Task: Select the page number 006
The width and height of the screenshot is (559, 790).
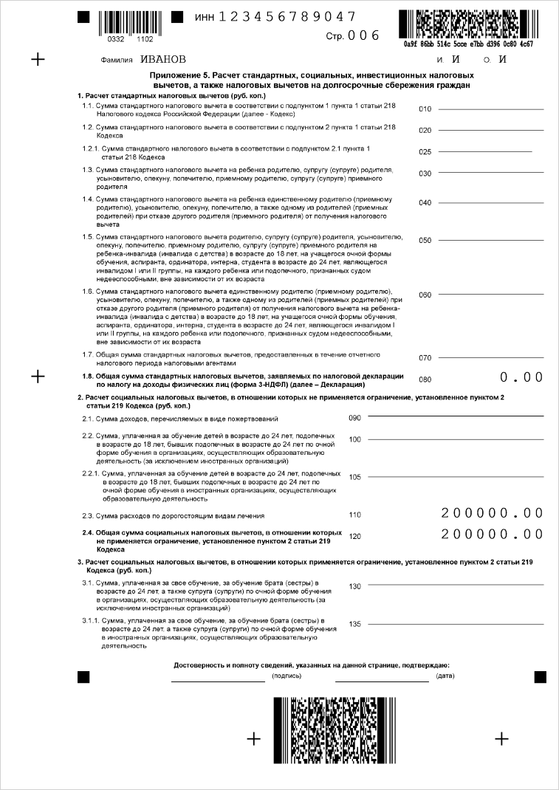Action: point(363,35)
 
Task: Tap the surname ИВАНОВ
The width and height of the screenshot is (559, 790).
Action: point(163,59)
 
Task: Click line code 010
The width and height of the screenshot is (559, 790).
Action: point(425,110)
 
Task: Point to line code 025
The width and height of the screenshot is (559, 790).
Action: point(425,153)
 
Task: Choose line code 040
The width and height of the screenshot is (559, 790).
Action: point(425,203)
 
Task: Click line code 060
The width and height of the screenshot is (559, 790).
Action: point(425,295)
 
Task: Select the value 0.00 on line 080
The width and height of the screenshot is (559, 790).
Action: point(521,377)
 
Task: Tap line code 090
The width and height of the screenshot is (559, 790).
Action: point(354,418)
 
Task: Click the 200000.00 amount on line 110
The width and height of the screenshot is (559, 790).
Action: point(492,513)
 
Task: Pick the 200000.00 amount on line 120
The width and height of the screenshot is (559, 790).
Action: point(492,534)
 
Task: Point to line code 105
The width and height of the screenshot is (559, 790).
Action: point(354,477)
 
